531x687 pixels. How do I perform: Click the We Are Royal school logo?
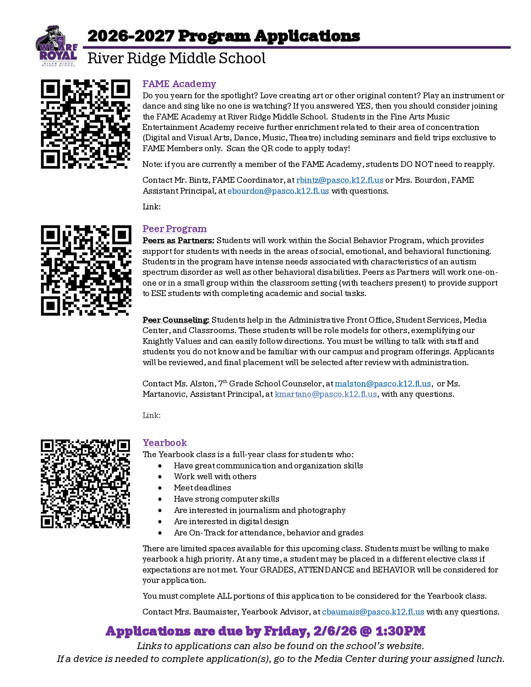point(57,46)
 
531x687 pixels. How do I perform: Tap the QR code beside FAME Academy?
point(85,124)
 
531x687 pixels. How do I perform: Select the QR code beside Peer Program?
point(86,270)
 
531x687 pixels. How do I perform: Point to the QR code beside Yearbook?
point(85,483)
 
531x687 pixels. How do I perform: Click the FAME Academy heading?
point(179,84)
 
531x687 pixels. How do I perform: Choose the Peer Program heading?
point(175,229)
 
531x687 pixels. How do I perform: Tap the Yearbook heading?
point(165,443)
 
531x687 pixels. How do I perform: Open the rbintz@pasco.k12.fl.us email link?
point(339,180)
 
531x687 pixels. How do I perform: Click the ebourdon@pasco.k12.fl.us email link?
point(278,191)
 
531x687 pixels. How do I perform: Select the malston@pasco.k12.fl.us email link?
point(383,383)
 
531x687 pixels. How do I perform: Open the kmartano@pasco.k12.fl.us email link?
point(326,394)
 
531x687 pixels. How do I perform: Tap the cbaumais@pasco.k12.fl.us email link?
point(373,612)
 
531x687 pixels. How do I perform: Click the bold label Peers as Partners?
point(178,241)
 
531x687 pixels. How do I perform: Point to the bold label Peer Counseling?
point(176,320)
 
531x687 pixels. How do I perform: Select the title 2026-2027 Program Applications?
point(224,36)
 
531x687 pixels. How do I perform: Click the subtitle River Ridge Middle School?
point(176,59)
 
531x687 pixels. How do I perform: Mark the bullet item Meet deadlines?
point(202,488)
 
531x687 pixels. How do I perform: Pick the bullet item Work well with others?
point(215,477)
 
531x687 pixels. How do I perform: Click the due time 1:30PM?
point(400,631)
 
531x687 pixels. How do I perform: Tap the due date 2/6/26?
point(335,631)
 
